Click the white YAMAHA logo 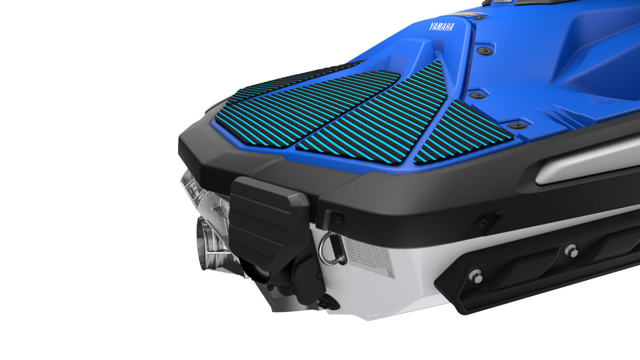point(442,27)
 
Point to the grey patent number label point(368,256)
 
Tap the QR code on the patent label point(390,274)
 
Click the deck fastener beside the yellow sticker point(479,18)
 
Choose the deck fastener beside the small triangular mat point(516,125)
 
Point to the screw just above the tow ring point(338,219)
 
